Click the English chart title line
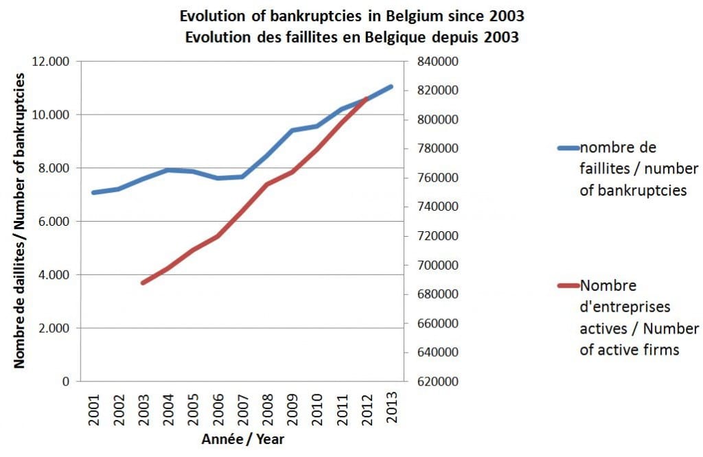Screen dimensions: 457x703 (x=351, y=15)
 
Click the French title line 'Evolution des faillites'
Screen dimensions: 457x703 (x=351, y=36)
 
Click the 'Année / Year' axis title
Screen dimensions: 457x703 (x=242, y=440)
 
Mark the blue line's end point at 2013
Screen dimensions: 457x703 (x=391, y=86)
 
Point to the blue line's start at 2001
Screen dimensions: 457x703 (x=93, y=192)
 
